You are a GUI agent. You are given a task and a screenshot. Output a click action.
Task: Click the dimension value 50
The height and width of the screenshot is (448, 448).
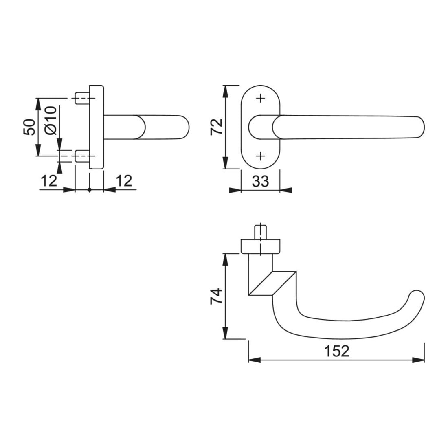click(29, 127)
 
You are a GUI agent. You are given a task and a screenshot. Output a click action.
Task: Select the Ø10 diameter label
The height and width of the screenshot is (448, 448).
click(51, 120)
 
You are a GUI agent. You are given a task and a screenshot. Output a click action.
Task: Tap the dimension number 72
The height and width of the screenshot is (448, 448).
click(216, 127)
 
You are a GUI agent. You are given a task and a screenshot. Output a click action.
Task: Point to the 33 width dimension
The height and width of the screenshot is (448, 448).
click(261, 181)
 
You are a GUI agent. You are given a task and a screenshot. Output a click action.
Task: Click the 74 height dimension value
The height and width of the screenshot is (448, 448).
click(216, 296)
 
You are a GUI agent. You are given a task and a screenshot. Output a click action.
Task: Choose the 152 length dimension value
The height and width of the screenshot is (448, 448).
click(336, 351)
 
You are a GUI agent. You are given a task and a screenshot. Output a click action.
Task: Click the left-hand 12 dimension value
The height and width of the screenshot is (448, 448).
click(49, 181)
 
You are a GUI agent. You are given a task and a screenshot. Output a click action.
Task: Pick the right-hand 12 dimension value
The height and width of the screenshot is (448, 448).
click(124, 181)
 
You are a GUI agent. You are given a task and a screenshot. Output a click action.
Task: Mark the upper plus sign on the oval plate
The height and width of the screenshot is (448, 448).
click(260, 99)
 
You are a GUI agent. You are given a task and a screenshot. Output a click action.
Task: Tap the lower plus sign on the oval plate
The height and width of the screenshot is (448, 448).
click(260, 156)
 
